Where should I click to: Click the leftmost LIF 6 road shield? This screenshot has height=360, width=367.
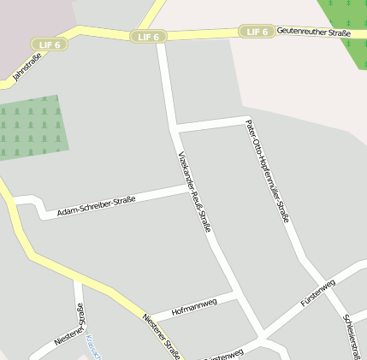click(50, 44)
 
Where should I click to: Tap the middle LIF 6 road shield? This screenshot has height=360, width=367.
click(148, 37)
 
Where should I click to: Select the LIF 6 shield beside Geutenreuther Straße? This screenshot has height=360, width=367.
click(257, 32)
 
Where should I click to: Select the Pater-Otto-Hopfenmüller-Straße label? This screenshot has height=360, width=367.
click(267, 171)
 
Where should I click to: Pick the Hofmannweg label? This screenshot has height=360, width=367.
click(193, 305)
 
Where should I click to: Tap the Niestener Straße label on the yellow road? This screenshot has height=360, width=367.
click(162, 334)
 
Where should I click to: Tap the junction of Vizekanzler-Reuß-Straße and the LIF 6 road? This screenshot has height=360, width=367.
click(161, 37)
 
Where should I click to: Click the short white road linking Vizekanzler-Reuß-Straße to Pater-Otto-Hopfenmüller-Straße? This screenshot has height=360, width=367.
click(212, 124)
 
